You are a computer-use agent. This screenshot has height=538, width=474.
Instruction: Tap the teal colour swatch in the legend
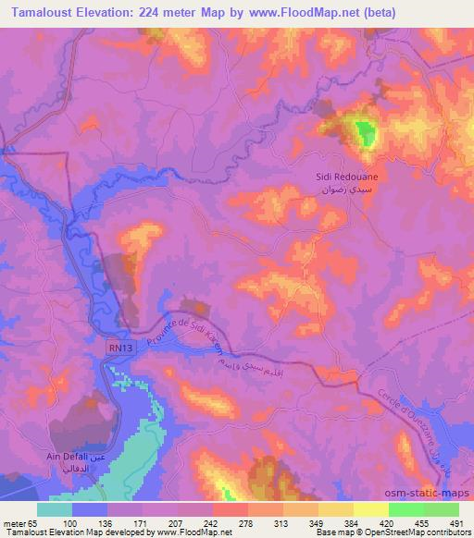(x=55, y=509)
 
